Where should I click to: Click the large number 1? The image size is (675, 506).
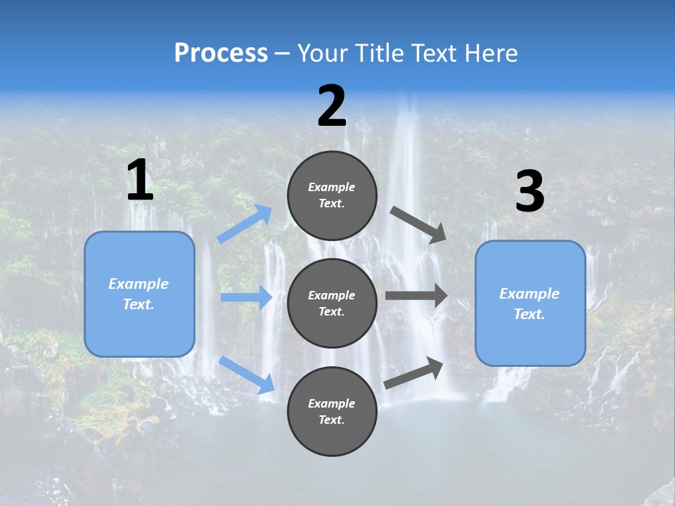140,181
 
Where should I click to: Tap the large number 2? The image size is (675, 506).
332,107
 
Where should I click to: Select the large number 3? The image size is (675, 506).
529,193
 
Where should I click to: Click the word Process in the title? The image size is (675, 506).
221,53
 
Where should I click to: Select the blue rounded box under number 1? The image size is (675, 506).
139,294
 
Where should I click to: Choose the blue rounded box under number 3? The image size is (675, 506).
530,304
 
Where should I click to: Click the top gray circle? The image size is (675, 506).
332,195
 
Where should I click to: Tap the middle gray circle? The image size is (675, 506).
332,303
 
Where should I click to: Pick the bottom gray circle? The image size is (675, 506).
332,411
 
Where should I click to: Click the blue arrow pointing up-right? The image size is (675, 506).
245,224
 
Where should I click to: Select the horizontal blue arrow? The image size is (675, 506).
246,297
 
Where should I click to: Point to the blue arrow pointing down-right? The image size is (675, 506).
247,375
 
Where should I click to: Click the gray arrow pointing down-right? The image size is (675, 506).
418,225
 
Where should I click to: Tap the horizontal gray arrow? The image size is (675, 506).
416,295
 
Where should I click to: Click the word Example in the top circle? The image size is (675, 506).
332,188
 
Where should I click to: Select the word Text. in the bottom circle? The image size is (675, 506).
332,420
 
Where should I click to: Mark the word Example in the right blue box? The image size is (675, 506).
529,294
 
